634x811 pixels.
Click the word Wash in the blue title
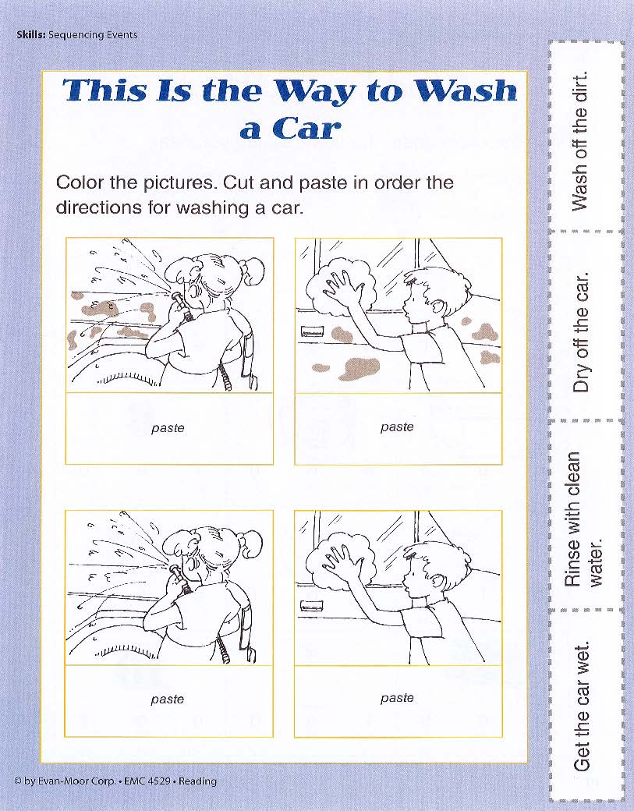tap(466, 90)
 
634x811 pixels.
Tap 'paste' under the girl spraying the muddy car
tap(168, 428)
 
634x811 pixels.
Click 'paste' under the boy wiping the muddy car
tap(397, 427)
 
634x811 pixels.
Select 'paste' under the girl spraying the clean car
tap(167, 699)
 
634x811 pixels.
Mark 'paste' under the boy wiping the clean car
tap(397, 698)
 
